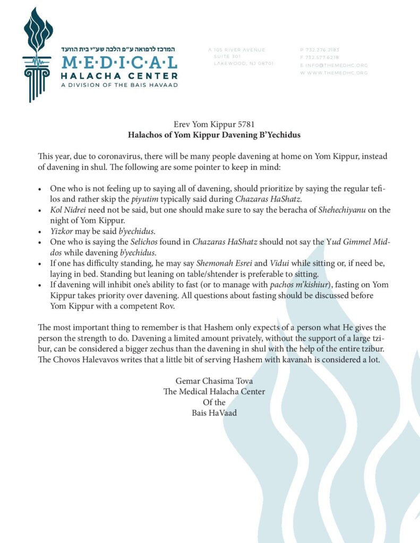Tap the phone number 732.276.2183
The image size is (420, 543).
[x=322, y=50]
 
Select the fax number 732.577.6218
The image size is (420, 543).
[x=322, y=57]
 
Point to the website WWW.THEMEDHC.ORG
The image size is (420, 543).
[x=338, y=73]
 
